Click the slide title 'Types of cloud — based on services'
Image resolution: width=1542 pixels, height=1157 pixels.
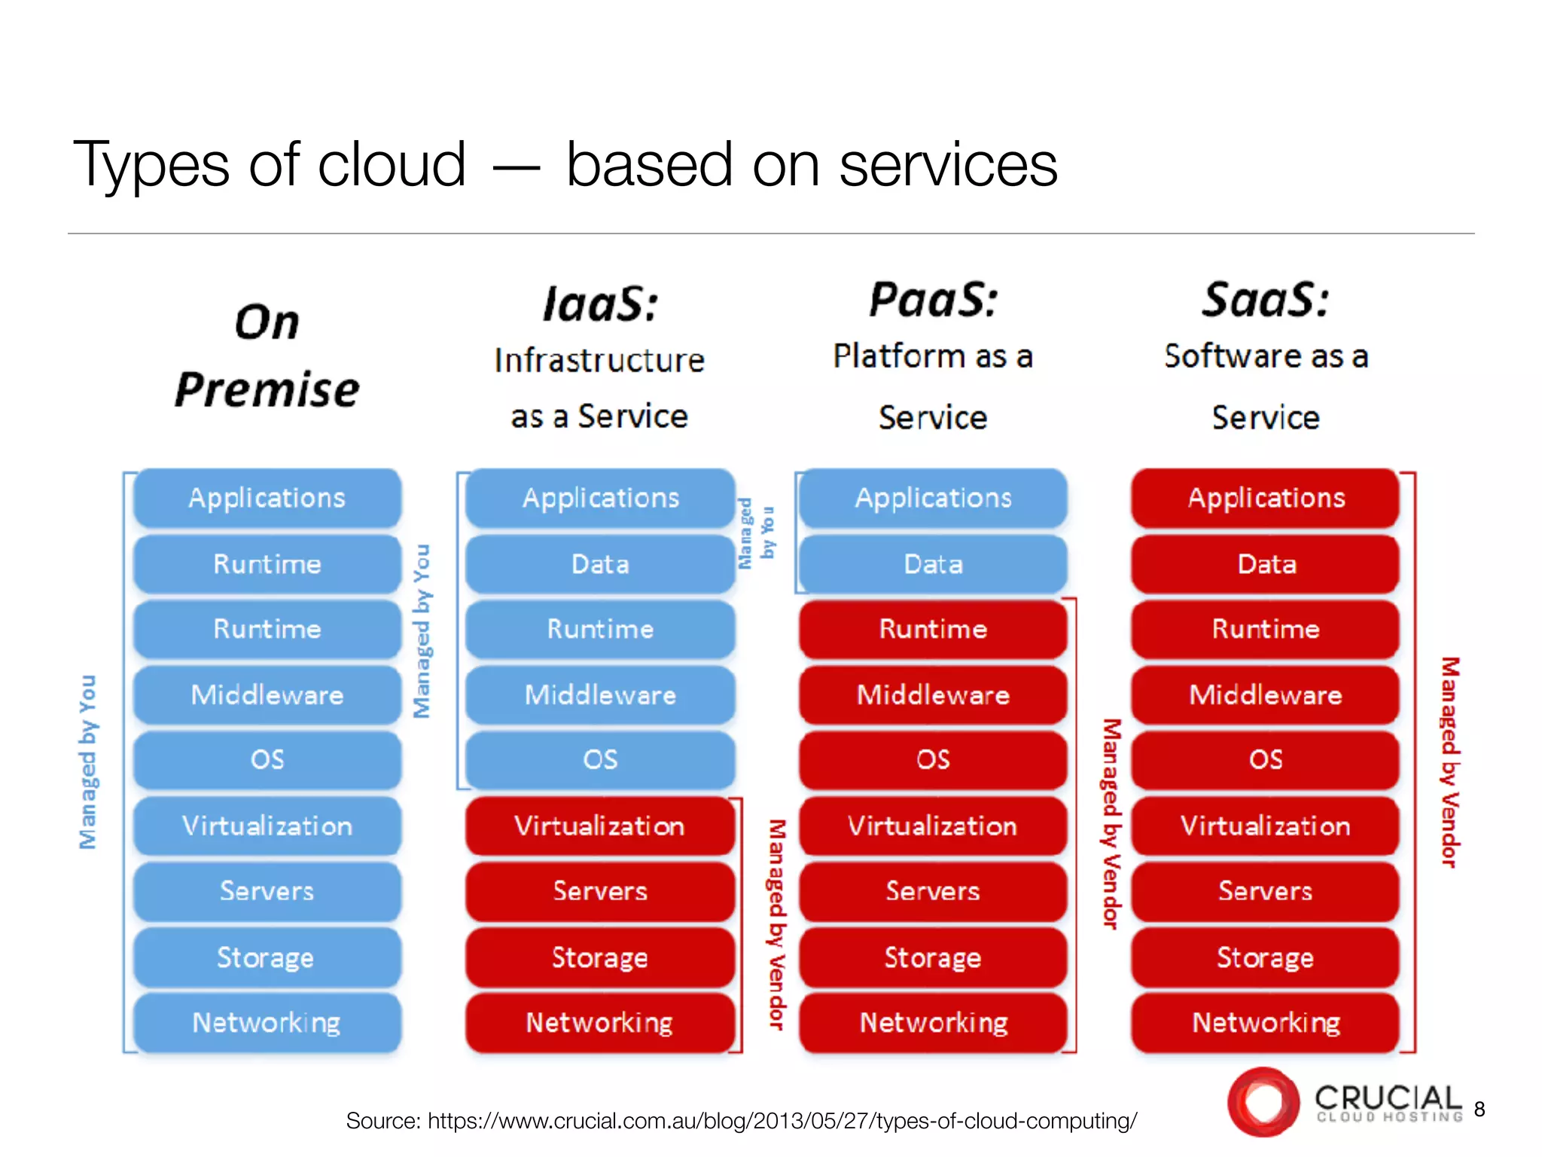pos(565,164)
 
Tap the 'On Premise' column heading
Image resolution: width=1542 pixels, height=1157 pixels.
pos(267,356)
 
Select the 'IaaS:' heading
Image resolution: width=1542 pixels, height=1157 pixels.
pos(600,304)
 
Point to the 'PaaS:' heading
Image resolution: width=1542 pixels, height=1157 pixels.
pos(933,300)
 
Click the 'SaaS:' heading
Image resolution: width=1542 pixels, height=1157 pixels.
pos(1266,300)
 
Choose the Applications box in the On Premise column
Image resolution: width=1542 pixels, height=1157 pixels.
pos(267,498)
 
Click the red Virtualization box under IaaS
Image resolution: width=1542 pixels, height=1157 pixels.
pos(600,826)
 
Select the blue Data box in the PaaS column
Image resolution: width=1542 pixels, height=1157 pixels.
pos(933,564)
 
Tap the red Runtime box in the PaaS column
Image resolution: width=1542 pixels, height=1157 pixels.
pos(933,629)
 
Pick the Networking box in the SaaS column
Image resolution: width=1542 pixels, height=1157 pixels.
pos(1266,1022)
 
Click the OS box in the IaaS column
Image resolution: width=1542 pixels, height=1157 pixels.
pos(600,759)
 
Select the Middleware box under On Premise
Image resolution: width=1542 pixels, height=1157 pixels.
pos(267,695)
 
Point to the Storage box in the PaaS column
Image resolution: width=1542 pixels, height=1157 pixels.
pos(933,957)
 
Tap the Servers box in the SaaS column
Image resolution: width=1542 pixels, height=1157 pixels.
pos(1266,891)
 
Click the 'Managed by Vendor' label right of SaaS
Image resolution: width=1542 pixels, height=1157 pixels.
pos(1449,761)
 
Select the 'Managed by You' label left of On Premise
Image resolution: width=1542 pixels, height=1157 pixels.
pos(88,761)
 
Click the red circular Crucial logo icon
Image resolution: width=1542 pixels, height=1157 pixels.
pos(1263,1102)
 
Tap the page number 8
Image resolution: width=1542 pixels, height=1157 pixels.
pos(1480,1110)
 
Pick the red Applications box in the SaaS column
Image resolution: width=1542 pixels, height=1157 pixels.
pos(1266,498)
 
